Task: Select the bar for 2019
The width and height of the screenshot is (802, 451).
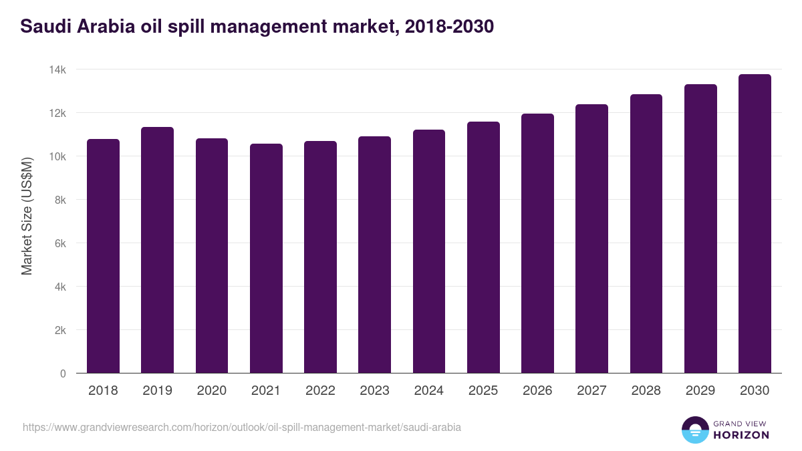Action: point(157,250)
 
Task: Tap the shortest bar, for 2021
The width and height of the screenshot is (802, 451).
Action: point(266,259)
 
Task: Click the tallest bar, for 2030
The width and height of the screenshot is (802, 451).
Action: point(755,224)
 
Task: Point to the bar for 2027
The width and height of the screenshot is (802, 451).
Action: point(591,239)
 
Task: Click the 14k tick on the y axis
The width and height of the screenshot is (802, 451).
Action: point(58,69)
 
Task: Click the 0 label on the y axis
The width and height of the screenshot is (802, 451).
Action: point(63,373)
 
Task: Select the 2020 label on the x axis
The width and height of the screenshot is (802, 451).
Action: point(211,391)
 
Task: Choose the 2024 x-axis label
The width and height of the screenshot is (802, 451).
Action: point(428,391)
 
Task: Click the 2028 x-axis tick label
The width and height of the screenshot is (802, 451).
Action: point(646,391)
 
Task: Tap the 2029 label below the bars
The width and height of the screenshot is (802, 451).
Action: point(700,391)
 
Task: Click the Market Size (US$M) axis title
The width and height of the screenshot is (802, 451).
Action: point(27,216)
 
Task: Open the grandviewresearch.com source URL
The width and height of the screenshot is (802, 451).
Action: point(241,427)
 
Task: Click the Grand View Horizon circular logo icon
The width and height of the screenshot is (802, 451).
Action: point(694,430)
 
